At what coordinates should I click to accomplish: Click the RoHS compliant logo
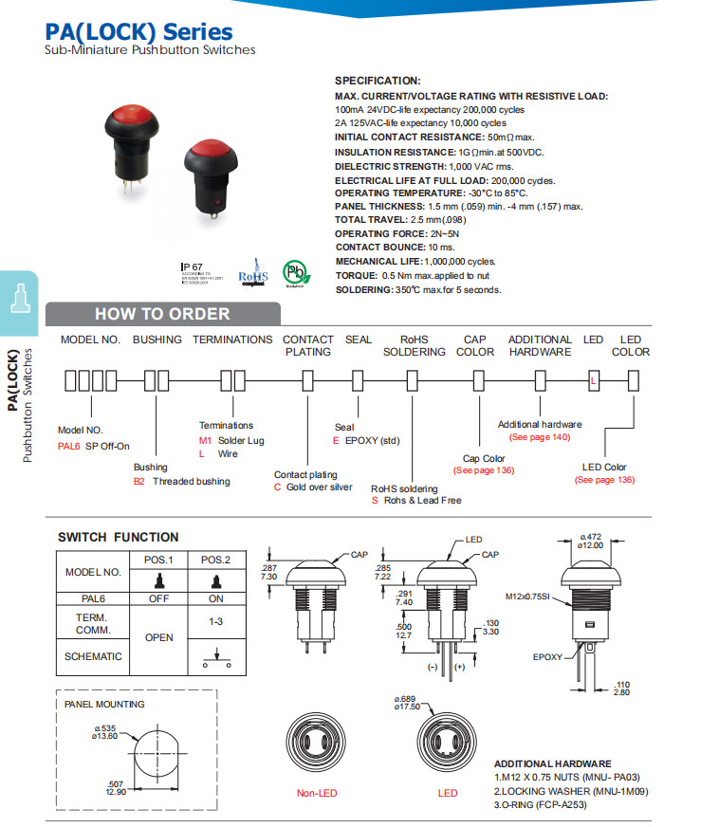pyautogui.click(x=253, y=272)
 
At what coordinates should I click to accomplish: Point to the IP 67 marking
pyautogui.click(x=192, y=267)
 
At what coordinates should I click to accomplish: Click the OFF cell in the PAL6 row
pyautogui.click(x=158, y=598)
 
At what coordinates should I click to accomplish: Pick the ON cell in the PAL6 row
pyautogui.click(x=216, y=598)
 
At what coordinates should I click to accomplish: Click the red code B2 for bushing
pyautogui.click(x=138, y=482)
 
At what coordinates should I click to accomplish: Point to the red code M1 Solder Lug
pyautogui.click(x=205, y=441)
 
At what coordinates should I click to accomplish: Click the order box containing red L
pyautogui.click(x=594, y=381)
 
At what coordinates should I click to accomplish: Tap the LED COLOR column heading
pyautogui.click(x=631, y=345)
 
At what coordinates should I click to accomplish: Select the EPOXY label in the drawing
pyautogui.click(x=547, y=656)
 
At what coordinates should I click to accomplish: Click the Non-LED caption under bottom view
pyautogui.click(x=317, y=793)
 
